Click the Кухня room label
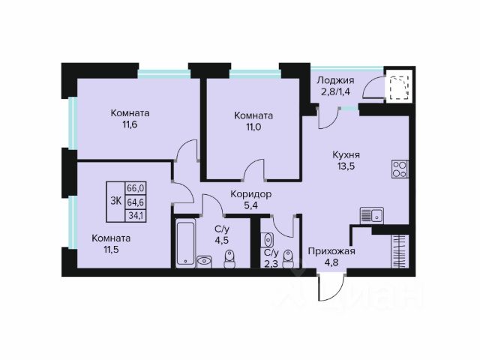[x=346, y=155]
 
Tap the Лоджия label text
[x=335, y=80]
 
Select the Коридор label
[x=251, y=194]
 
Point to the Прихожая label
[x=331, y=251]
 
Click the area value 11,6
[x=130, y=124]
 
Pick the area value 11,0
[x=253, y=127]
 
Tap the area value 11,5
[x=111, y=250]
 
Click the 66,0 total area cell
[x=136, y=188]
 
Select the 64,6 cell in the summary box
[x=136, y=202]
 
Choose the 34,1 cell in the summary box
[x=136, y=215]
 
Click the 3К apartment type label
[x=116, y=202]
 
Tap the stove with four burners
[x=400, y=169]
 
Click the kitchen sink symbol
[x=372, y=216]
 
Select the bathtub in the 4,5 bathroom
[x=185, y=243]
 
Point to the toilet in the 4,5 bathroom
[x=229, y=259]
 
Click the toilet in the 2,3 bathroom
[x=288, y=259]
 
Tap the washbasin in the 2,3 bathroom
[x=268, y=240]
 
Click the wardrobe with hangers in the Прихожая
[x=400, y=251]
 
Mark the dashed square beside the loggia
[x=399, y=88]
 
